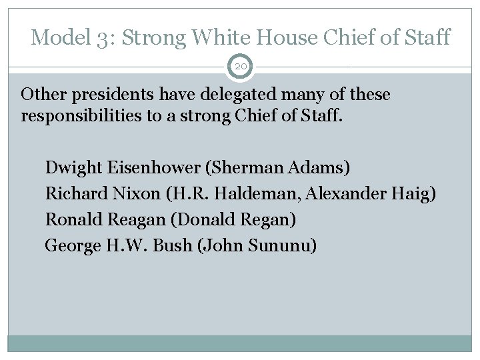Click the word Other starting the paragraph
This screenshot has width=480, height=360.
[x=42, y=95]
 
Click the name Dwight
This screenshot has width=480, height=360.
[x=69, y=167]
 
